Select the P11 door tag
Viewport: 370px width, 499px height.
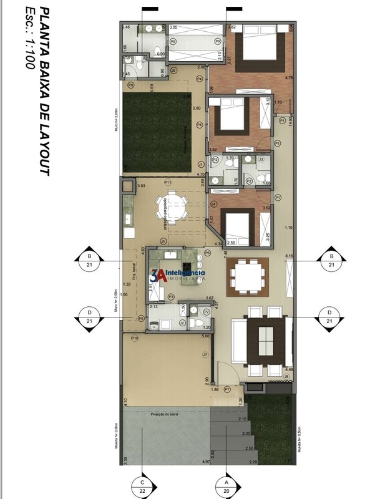(x=168, y=182)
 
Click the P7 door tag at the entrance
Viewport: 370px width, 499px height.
(x=228, y=389)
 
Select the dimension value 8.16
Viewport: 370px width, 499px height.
(x=289, y=256)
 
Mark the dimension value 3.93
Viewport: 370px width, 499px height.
(x=141, y=186)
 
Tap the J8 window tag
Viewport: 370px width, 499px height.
(x=286, y=376)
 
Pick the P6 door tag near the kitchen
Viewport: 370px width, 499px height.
(x=141, y=318)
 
